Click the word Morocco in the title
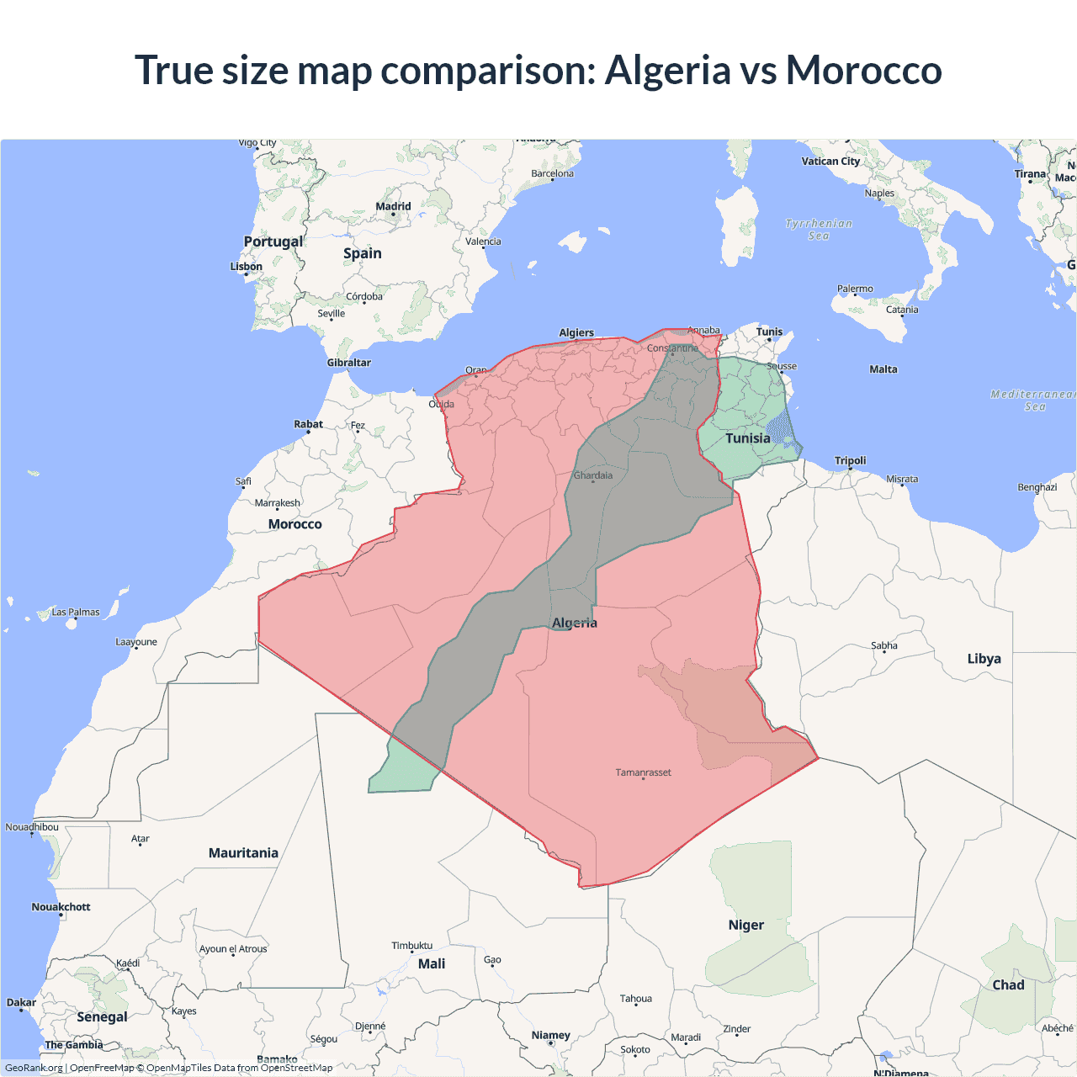[863, 70]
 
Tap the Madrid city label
[393, 206]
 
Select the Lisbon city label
[247, 267]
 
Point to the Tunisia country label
[747, 438]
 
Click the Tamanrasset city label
[643, 772]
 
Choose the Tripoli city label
[850, 460]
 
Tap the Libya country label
[984, 659]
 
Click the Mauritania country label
[243, 853]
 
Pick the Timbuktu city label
[411, 946]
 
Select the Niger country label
[745, 925]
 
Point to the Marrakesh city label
[277, 503]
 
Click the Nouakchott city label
[61, 907]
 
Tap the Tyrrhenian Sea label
[819, 230]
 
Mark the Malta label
[883, 369]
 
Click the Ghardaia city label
[593, 475]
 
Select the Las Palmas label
[76, 613]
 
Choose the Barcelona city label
[552, 174]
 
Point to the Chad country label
[1008, 985]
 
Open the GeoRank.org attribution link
[34, 1068]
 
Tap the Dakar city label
[21, 1003]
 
